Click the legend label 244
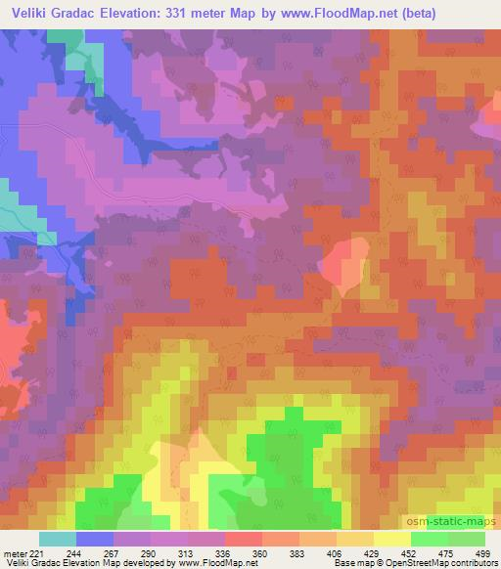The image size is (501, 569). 95,553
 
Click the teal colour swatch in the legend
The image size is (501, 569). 58,539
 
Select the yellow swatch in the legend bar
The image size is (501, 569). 392,539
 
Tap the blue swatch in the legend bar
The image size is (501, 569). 95,539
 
